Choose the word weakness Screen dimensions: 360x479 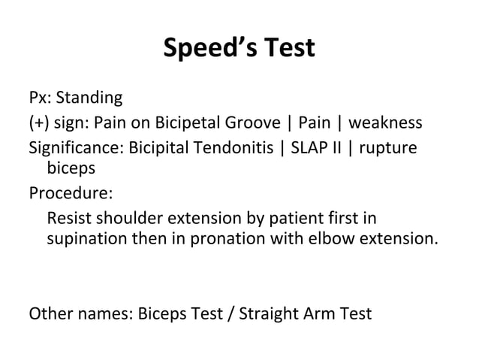pyautogui.click(x=386, y=123)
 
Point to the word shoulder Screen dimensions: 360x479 pyautogui.click(x=124, y=218)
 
